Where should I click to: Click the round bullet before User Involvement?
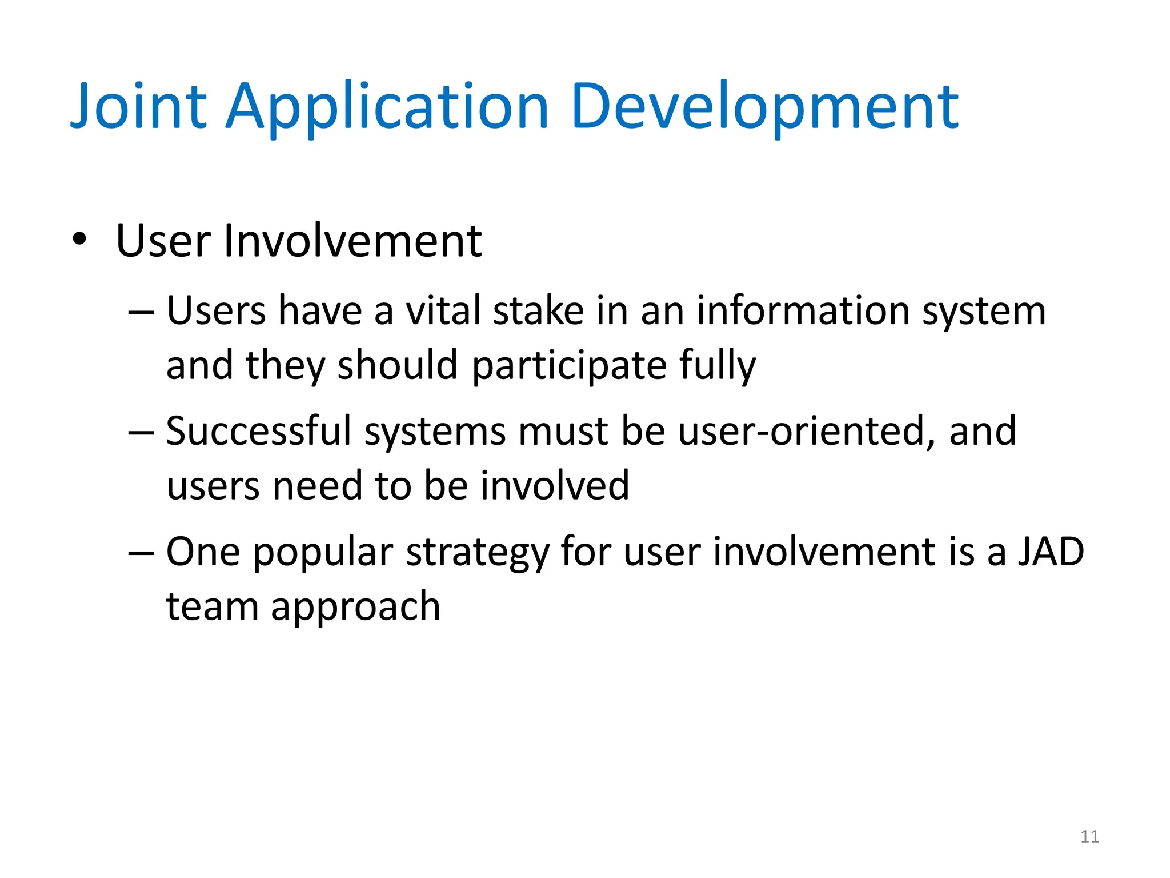(x=79, y=238)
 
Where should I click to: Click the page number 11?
(x=1089, y=837)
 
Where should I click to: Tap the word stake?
(x=538, y=311)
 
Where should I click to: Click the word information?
(x=803, y=311)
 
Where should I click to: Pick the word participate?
(x=569, y=366)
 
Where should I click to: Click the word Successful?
(x=258, y=431)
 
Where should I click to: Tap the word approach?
(x=355, y=607)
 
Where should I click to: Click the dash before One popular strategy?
(x=141, y=553)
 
